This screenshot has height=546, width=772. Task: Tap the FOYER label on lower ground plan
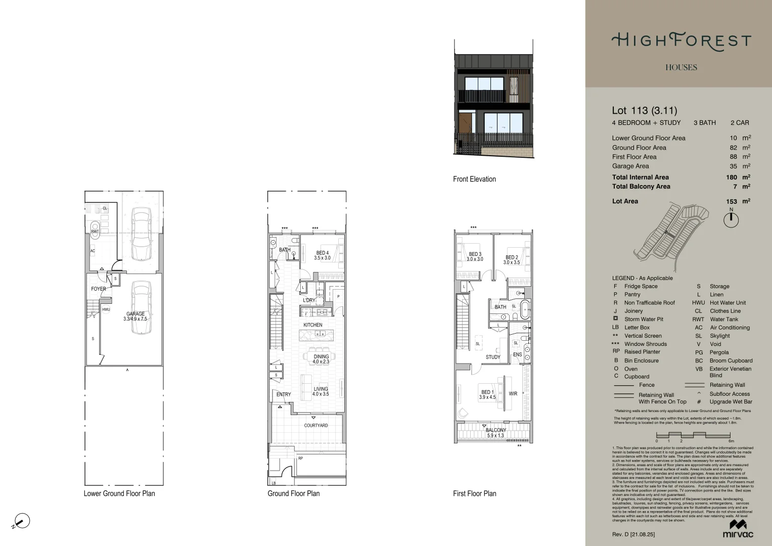point(99,289)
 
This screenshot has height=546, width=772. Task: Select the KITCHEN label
point(312,325)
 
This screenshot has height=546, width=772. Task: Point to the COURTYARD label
point(316,425)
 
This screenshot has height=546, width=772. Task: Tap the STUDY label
point(493,357)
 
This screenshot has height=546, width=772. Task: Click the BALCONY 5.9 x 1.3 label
point(495,433)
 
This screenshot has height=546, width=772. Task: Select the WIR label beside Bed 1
point(513,393)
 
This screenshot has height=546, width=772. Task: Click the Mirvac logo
point(738,528)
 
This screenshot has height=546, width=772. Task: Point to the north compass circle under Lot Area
point(731,220)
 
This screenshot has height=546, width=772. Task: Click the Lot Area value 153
point(731,201)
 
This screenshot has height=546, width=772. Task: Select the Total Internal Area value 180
point(731,177)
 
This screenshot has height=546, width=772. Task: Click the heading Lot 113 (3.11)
point(644,111)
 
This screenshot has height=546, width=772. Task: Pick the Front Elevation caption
point(474,179)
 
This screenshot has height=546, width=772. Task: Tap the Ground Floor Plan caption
point(293,493)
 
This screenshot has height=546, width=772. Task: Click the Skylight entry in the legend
point(719,336)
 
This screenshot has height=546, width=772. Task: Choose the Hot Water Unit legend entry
point(728,303)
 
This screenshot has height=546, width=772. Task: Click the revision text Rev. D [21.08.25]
point(633,534)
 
